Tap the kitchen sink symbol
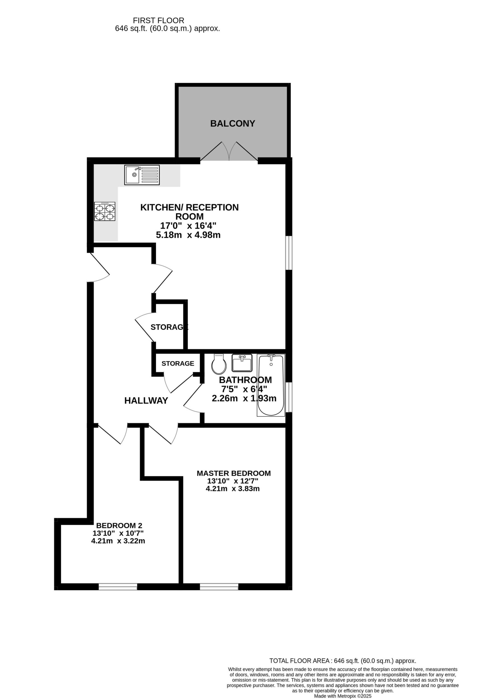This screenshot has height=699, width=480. point(142,175)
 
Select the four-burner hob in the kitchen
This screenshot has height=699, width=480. point(105,211)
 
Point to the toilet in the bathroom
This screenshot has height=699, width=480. point(219,364)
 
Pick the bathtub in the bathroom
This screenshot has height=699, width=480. point(271,385)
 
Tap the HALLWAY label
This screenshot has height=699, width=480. point(146,401)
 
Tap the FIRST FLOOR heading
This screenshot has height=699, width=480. point(159,20)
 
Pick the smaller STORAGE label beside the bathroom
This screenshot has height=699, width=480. point(178,363)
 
